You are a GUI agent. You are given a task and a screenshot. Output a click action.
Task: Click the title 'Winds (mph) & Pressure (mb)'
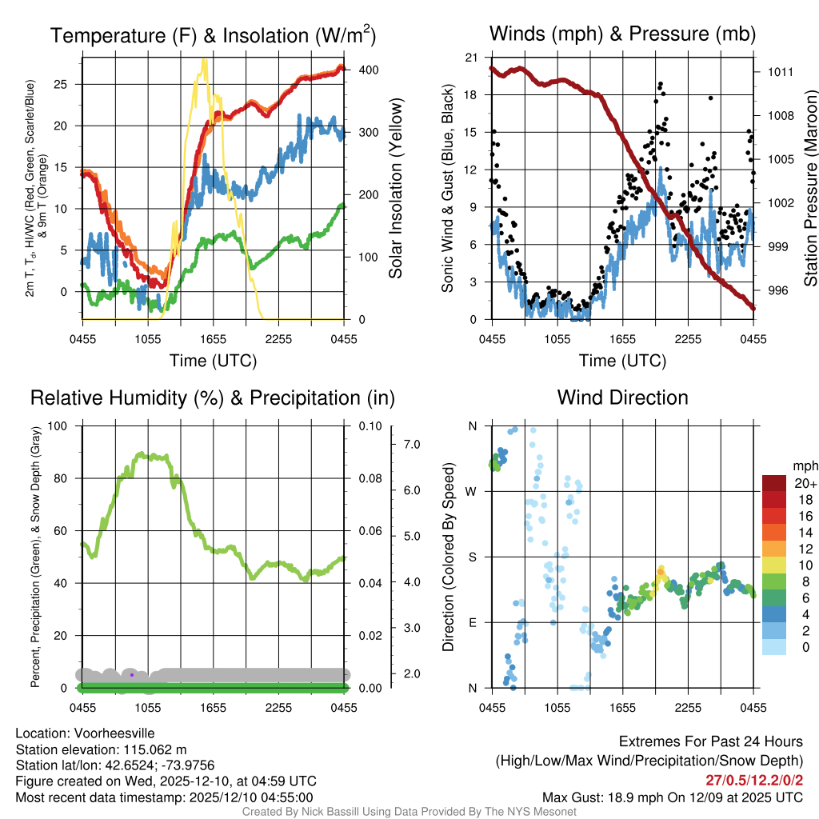622,34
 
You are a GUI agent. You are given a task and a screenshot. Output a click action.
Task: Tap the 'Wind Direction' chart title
622,398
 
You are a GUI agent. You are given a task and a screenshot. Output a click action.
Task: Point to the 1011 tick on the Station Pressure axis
779,72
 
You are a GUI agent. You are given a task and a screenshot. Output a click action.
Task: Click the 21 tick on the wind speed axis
471,57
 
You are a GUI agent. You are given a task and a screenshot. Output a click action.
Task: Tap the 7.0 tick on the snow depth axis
410,443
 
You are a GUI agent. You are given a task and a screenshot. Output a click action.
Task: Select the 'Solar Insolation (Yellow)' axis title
396,188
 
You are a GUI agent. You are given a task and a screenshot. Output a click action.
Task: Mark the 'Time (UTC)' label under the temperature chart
213,361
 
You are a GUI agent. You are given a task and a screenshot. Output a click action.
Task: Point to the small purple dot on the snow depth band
132,675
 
